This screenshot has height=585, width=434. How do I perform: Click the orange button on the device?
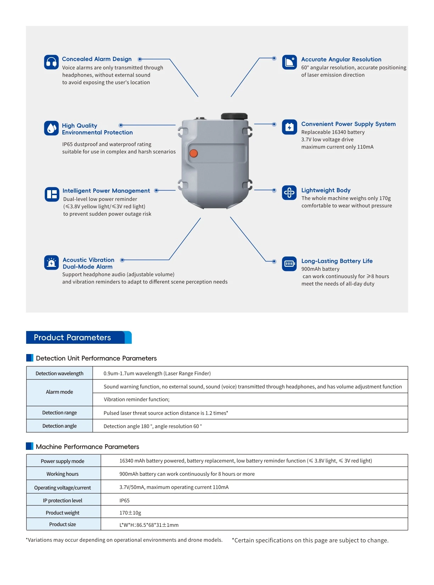point(194,153)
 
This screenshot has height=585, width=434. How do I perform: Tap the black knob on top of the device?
point(234,116)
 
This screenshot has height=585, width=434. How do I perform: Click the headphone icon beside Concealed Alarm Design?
point(51,62)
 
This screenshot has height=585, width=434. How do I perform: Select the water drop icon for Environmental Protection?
point(51,128)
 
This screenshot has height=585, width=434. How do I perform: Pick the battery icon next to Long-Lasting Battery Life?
point(289,264)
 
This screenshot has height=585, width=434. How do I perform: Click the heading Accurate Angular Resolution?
point(341,59)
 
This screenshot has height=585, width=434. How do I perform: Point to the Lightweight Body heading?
point(325,190)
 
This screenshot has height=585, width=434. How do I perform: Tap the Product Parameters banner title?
point(72,337)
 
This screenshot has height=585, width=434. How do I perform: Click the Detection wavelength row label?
point(60,373)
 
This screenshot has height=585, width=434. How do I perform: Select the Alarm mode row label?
point(60,392)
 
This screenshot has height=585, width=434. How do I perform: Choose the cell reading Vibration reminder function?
point(137,399)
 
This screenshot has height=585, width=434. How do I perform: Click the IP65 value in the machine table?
point(124,501)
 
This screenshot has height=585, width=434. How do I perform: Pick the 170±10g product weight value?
point(130,513)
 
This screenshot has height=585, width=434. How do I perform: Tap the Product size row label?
point(62,524)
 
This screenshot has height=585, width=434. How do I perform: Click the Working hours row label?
point(62,474)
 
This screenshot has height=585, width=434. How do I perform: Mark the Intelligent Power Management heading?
point(106,191)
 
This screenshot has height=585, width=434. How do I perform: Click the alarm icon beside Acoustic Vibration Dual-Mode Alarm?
point(51,263)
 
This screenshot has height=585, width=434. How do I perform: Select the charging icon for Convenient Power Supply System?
point(289,127)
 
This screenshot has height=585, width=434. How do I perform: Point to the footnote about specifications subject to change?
point(310,540)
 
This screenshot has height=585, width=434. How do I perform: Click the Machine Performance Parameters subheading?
point(87,447)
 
